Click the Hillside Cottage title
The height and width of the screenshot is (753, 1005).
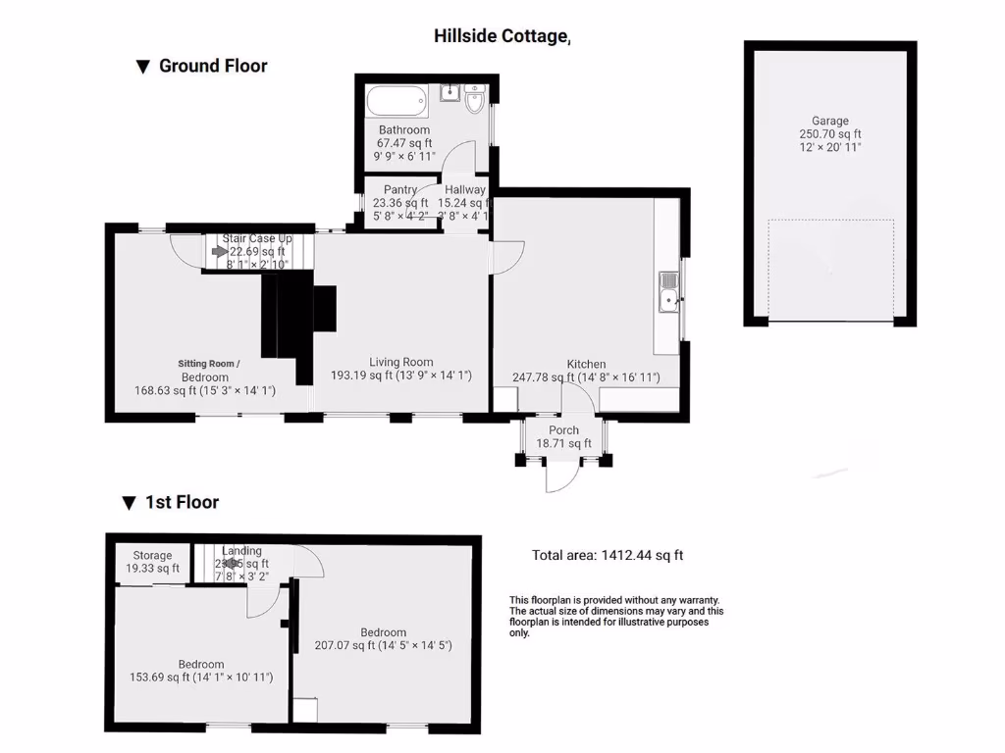click(x=502, y=36)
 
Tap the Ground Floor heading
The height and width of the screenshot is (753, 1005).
click(x=212, y=66)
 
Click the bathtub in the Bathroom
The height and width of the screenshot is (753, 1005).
click(x=397, y=100)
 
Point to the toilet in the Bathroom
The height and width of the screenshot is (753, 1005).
click(x=477, y=99)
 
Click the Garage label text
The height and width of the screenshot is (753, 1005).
click(x=829, y=121)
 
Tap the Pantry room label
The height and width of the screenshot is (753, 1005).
click(x=400, y=190)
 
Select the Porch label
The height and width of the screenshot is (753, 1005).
click(x=563, y=429)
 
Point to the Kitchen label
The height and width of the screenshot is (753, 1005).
click(x=586, y=364)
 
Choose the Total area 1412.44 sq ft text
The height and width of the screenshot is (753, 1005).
click(x=608, y=555)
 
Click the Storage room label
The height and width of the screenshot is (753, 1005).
click(x=152, y=555)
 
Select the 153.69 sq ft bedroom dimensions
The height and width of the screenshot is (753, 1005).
click(x=200, y=678)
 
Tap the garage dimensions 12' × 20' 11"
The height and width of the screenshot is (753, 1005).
click(x=829, y=147)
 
